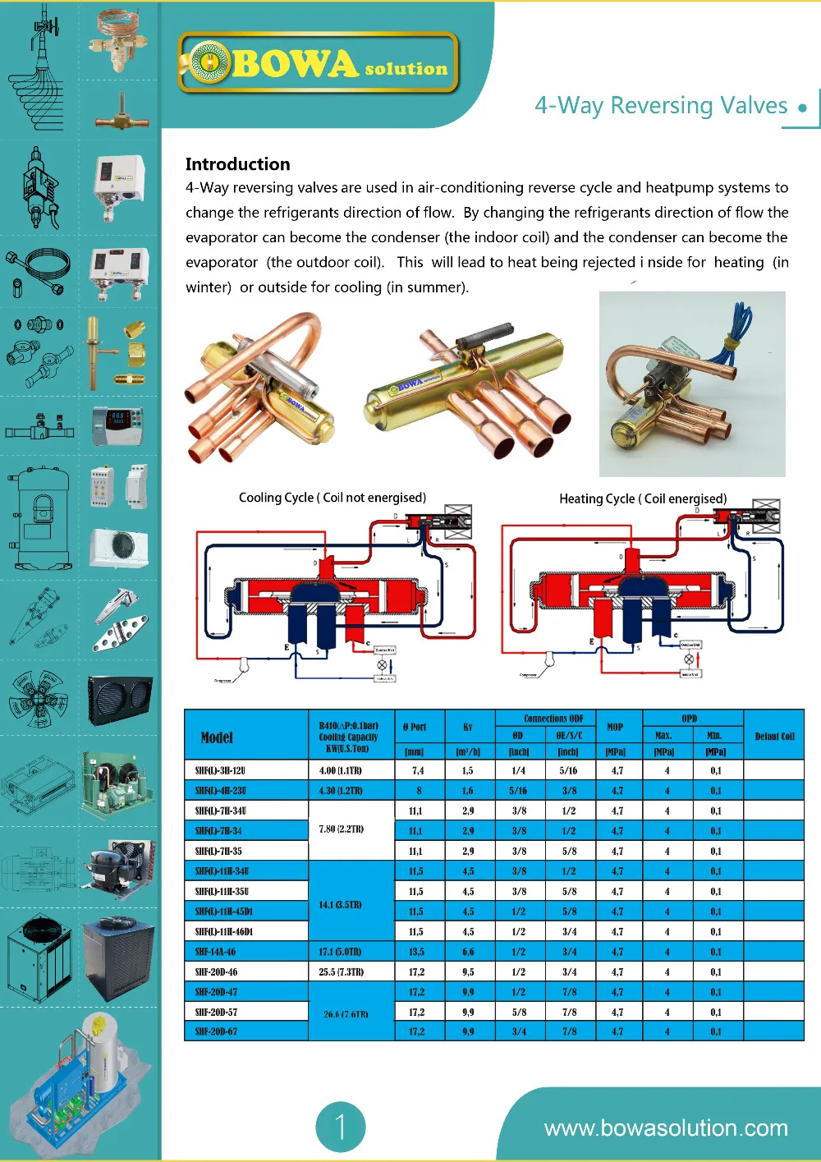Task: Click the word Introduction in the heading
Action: [237, 164]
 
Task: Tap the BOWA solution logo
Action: [319, 63]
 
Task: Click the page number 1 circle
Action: [340, 1127]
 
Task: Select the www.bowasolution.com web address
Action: [666, 1128]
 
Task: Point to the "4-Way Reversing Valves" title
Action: [661, 106]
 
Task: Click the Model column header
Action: [217, 737]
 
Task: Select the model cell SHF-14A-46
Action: [215, 952]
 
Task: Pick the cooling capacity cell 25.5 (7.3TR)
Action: [341, 972]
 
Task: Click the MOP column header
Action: [615, 727]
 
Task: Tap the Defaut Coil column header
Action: [774, 737]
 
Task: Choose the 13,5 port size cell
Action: [416, 952]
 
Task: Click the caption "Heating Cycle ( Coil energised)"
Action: [643, 498]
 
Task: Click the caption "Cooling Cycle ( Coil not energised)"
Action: [333, 498]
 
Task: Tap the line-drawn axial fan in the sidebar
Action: [38, 699]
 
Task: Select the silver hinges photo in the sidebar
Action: [120, 620]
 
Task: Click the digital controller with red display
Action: [117, 425]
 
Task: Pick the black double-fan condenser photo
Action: [119, 700]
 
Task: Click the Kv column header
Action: [468, 727]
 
